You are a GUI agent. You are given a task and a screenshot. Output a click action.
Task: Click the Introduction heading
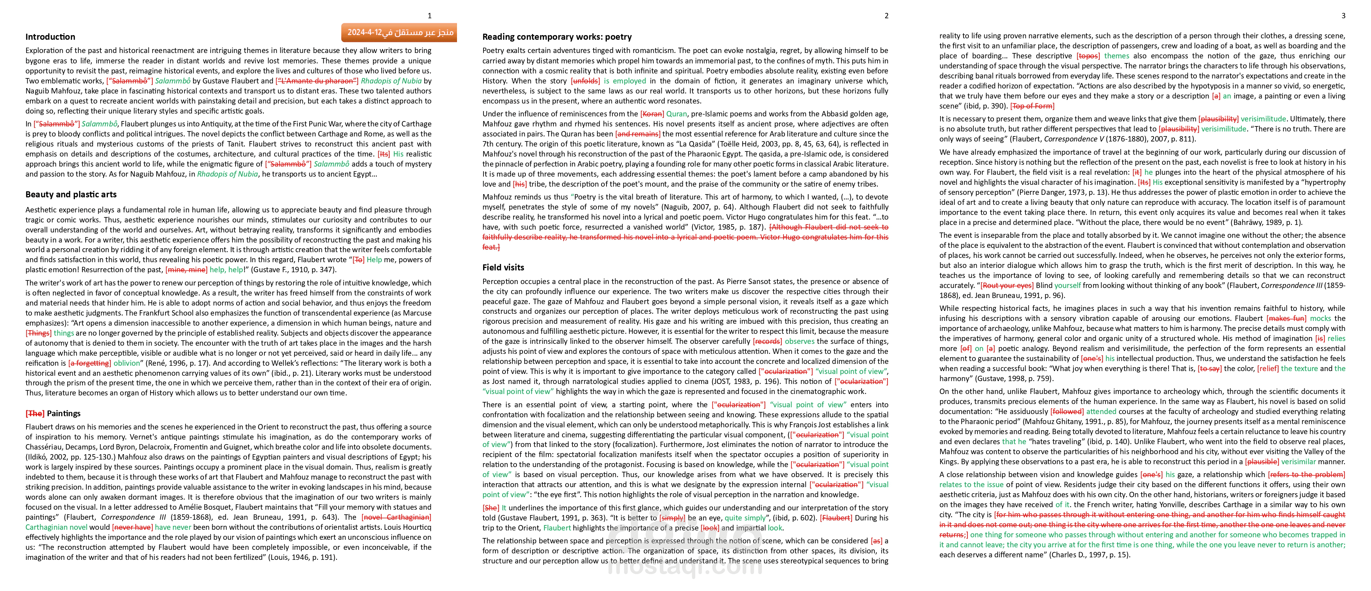[x=50, y=37]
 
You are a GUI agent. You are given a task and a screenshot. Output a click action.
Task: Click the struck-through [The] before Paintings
[x=35, y=413]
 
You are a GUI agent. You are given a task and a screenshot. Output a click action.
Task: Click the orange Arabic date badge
[x=400, y=33]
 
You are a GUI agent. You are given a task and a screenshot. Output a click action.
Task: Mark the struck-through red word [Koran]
[x=652, y=114]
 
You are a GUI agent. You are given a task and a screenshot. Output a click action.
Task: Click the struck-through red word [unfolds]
[x=585, y=81]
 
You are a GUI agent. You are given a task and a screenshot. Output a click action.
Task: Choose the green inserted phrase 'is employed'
[x=625, y=81]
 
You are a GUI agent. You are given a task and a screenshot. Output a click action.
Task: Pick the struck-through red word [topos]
[x=1088, y=56]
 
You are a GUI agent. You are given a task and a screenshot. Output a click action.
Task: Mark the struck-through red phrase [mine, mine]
[x=186, y=270]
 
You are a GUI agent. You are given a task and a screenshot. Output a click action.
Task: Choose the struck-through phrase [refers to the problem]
[x=1306, y=475]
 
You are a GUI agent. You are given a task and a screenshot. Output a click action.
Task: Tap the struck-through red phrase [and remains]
[x=638, y=134]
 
